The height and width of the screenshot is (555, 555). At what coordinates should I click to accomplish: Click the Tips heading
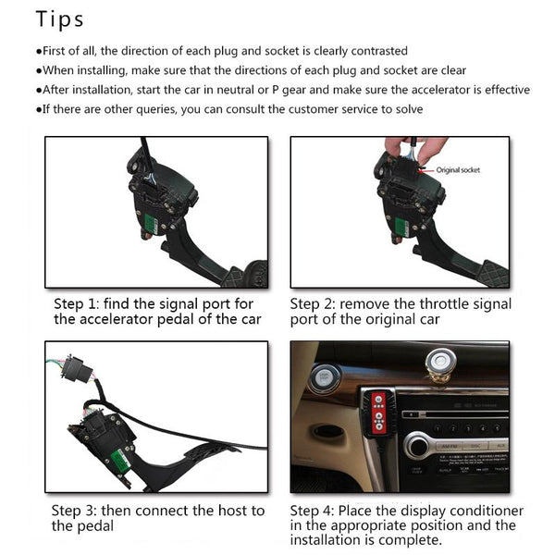(59, 19)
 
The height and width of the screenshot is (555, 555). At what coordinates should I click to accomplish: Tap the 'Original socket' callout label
(458, 170)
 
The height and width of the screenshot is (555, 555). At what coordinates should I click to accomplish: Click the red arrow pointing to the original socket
(425, 170)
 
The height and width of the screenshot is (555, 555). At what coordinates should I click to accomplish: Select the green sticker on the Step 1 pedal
(151, 224)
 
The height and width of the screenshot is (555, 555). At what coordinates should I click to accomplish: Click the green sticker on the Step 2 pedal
(402, 227)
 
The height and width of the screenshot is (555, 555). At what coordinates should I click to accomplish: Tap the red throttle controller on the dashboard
(378, 413)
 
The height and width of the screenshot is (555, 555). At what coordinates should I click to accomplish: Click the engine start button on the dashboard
(323, 378)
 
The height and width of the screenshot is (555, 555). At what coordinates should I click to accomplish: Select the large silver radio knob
(418, 447)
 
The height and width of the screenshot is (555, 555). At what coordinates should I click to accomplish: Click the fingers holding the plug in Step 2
(416, 149)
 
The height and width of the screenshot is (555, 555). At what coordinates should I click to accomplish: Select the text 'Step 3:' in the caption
(74, 511)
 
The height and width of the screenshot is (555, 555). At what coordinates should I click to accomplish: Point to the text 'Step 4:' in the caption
(312, 511)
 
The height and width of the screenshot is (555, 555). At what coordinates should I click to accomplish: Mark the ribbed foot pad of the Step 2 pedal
(494, 275)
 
